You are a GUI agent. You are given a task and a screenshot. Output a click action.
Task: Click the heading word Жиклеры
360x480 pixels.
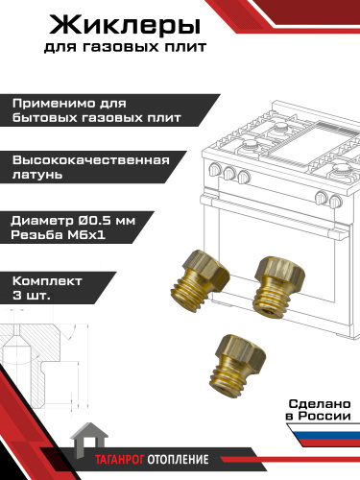point(125,27)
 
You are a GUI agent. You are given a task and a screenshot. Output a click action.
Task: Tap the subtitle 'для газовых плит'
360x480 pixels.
point(125,47)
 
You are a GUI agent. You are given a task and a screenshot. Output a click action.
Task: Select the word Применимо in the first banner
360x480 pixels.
point(55,104)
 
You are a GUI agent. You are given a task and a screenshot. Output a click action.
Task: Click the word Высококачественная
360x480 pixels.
point(91,160)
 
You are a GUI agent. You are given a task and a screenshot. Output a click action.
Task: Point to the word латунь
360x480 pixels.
point(37,175)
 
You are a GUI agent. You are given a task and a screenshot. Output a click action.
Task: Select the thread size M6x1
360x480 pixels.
point(86,235)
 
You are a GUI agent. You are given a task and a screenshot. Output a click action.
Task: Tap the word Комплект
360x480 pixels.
point(47,281)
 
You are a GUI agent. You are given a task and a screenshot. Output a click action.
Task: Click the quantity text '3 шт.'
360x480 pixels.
point(32,295)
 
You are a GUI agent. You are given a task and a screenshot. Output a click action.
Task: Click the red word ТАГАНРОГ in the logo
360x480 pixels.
point(120,460)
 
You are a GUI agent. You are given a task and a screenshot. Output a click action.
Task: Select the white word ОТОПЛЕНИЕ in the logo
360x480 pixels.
point(178,460)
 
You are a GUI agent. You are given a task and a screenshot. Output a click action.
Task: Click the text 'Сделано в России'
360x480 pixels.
point(318,410)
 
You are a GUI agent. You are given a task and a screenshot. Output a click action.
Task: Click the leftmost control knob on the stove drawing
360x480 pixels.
point(214,169)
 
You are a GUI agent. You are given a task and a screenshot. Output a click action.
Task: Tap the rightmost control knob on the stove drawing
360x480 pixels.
point(335,201)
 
